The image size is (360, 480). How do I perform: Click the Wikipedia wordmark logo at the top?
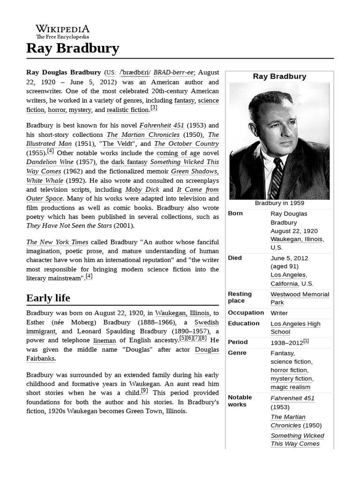63,31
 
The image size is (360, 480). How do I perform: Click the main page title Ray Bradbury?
73,48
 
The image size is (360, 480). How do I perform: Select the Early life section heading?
48,298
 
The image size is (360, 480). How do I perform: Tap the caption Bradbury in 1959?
279,203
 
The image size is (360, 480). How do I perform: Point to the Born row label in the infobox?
235,213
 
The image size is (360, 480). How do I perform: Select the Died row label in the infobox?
235,258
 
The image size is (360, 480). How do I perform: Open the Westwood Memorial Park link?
300,298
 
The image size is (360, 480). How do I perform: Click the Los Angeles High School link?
295,327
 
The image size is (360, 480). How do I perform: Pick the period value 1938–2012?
287,342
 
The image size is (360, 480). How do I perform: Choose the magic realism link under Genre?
290,387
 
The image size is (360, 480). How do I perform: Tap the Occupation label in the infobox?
246,313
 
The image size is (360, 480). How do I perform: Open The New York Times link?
57,242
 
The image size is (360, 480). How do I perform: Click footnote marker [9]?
144,391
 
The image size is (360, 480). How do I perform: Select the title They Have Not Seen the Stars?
69,226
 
